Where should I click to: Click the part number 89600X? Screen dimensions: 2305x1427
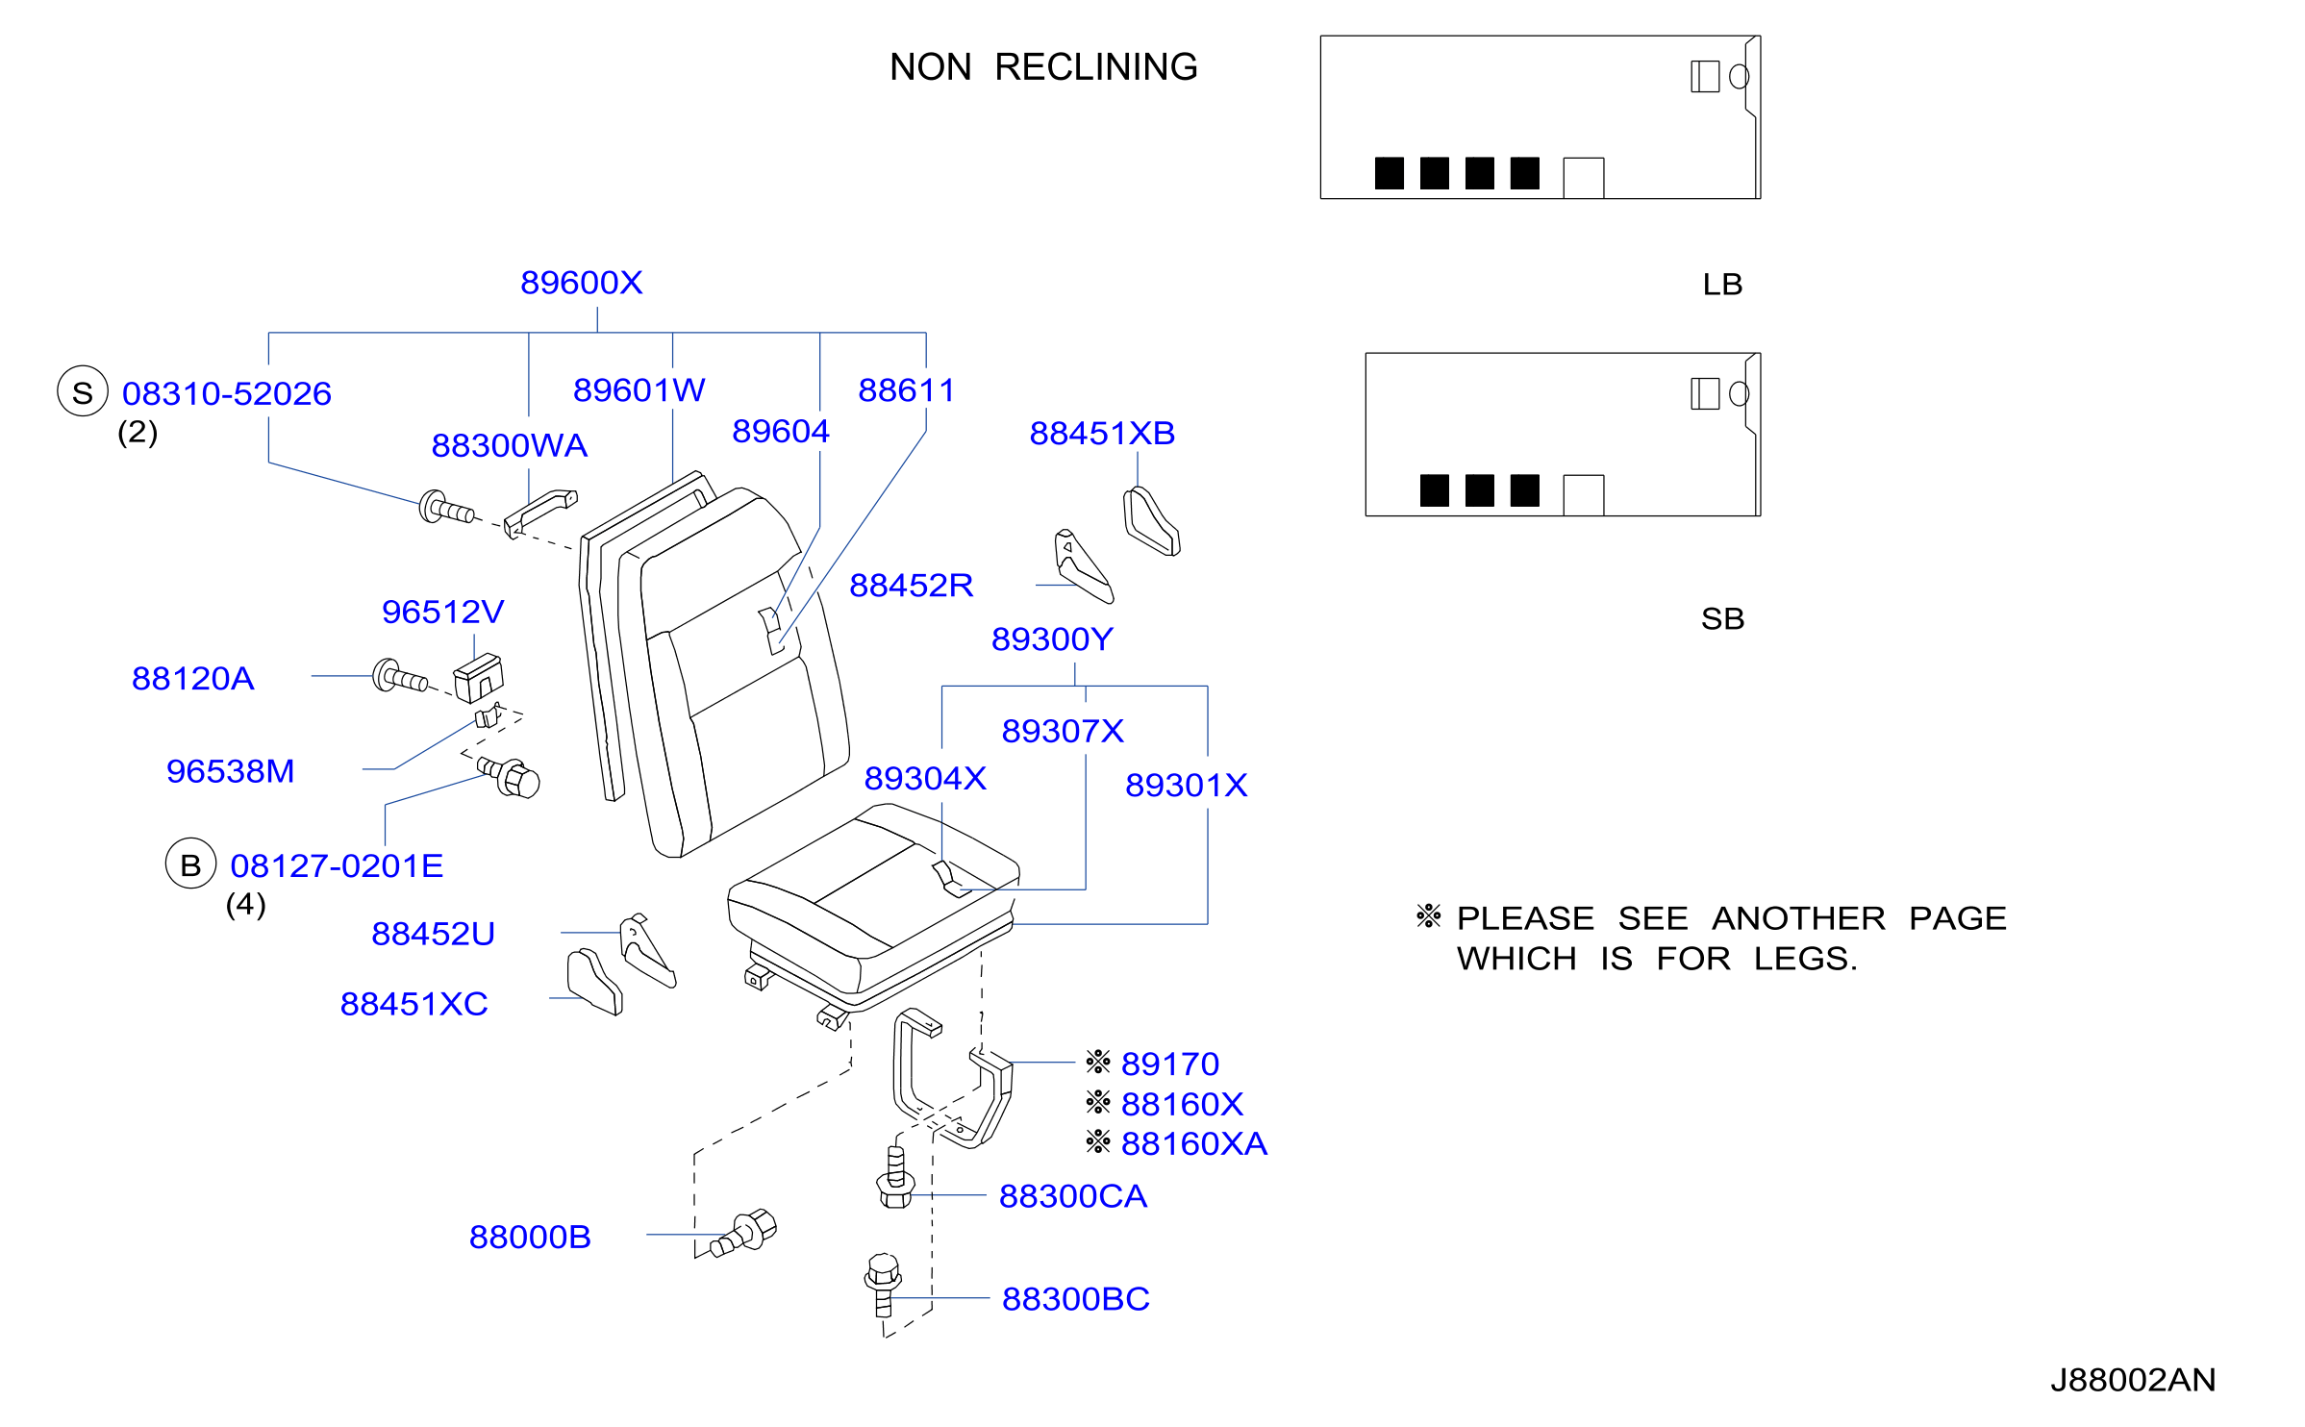pyautogui.click(x=581, y=283)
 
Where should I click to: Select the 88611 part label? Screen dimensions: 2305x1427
pyautogui.click(x=906, y=390)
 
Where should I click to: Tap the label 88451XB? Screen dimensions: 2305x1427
pyautogui.click(x=1102, y=434)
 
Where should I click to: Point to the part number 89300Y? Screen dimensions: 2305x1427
pyautogui.click(x=1052, y=639)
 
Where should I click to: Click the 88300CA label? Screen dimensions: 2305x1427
pyautogui.click(x=1073, y=1196)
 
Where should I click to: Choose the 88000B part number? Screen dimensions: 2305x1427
pyautogui.click(x=530, y=1238)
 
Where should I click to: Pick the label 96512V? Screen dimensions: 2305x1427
pyautogui.click(x=442, y=613)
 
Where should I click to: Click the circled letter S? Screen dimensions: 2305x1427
pyautogui.click(x=83, y=391)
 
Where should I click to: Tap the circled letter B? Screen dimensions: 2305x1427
pyautogui.click(x=190, y=864)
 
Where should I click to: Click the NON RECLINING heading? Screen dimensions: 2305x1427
pyautogui.click(x=1043, y=67)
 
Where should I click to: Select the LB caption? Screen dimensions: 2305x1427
pyautogui.click(x=1722, y=285)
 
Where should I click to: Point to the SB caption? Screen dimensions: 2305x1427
pyautogui.click(x=1722, y=619)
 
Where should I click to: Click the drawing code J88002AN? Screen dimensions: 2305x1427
pyautogui.click(x=2133, y=1381)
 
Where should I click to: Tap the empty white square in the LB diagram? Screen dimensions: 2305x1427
pyautogui.click(x=1584, y=178)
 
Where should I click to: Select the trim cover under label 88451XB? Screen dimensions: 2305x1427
pyautogui.click(x=1151, y=522)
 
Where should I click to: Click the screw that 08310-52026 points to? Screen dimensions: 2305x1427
pyautogui.click(x=447, y=508)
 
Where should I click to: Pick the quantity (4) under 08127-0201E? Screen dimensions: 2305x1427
pyautogui.click(x=245, y=905)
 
